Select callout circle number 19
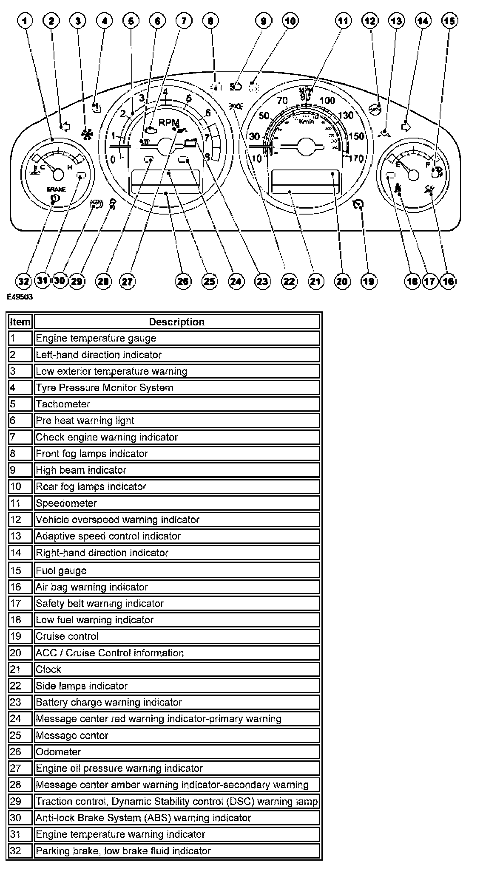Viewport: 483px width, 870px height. point(369,281)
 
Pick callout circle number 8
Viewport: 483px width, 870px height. point(210,20)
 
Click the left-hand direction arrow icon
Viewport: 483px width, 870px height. point(65,126)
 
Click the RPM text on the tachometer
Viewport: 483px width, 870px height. point(168,123)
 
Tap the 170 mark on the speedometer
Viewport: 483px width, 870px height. point(356,159)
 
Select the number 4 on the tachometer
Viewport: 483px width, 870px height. point(165,92)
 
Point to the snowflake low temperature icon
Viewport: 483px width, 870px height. point(87,132)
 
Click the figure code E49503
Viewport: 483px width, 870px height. point(20,297)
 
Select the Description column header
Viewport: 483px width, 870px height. point(176,322)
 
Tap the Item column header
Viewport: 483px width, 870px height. point(20,322)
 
